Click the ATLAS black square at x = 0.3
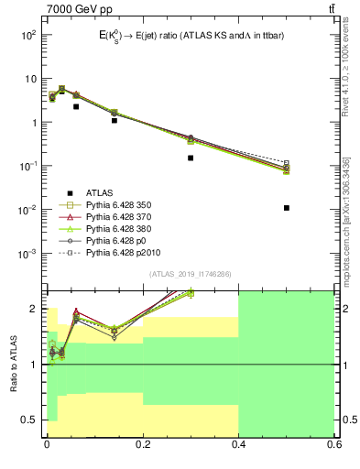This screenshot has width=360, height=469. (191, 158)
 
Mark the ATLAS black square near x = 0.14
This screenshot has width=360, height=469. (114, 120)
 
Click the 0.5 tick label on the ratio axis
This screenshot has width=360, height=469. (29, 420)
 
